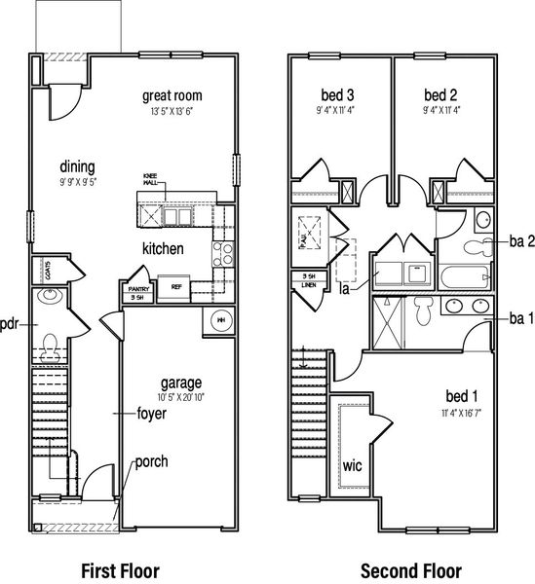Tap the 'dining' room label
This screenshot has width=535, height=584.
click(x=77, y=165)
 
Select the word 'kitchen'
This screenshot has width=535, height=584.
click(x=163, y=249)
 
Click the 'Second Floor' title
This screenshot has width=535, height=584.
click(x=410, y=570)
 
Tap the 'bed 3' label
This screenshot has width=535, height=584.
click(x=337, y=95)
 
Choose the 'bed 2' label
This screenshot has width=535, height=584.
click(x=440, y=95)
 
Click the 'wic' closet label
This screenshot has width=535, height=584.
click(x=352, y=465)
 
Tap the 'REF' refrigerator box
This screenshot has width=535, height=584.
click(x=177, y=288)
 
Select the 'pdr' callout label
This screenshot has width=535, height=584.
click(x=11, y=324)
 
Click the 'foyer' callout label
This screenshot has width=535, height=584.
click(x=152, y=414)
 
